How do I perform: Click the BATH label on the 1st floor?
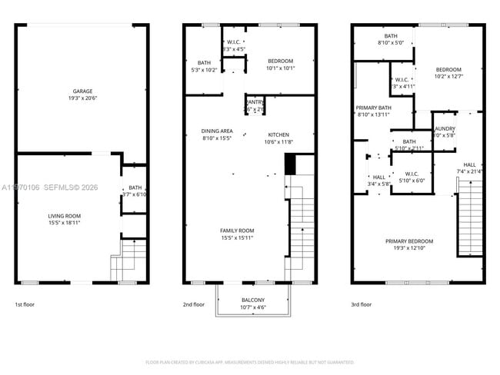click(135, 187)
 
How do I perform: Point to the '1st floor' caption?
click(25, 304)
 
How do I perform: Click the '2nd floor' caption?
click(194, 304)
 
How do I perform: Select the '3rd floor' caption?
click(361, 304)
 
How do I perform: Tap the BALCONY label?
click(252, 300)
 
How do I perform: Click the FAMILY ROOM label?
click(237, 231)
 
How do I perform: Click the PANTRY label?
click(254, 102)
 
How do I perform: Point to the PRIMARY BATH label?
click(375, 108)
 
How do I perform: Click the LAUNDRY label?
click(445, 129)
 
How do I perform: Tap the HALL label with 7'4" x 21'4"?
click(469, 164)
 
